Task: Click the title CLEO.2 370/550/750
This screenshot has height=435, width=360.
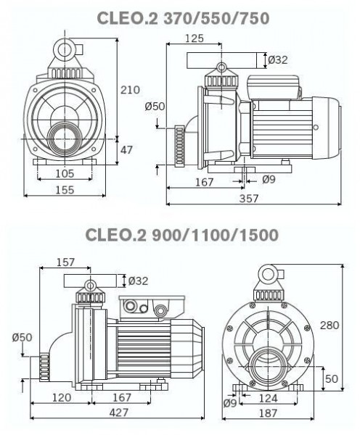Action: tap(184, 18)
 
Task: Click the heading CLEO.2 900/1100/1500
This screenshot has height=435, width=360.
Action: tap(182, 235)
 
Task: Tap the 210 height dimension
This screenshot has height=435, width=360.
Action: tap(130, 90)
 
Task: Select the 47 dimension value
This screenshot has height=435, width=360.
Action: tap(127, 150)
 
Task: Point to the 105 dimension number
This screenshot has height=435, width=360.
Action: tap(65, 174)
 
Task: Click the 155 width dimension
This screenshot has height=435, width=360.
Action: tap(65, 190)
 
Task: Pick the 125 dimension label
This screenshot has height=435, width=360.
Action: tap(195, 38)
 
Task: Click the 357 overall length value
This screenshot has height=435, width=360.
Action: tap(249, 199)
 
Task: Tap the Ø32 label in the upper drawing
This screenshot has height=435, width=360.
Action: tap(278, 59)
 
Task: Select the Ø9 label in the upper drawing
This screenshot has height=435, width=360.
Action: tap(269, 180)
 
